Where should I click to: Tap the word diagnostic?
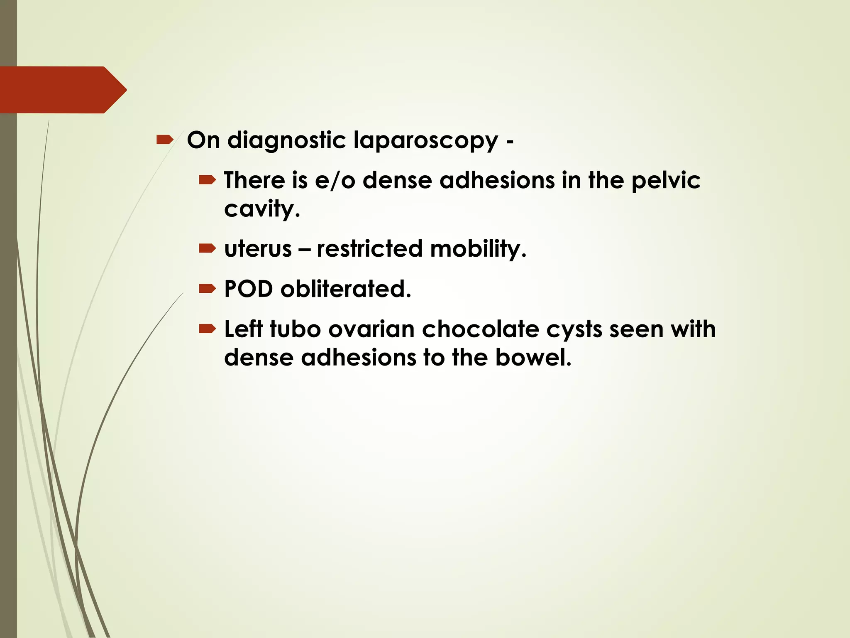tap(286, 140)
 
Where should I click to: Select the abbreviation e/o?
tap(335, 181)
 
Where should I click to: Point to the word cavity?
tap(261, 209)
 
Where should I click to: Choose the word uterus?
tap(258, 249)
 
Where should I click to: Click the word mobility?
tap(478, 249)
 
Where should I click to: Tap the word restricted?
tap(369, 249)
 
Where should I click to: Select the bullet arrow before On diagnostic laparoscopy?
tap(165, 140)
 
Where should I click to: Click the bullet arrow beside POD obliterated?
tap(207, 288)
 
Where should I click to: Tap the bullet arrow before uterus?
tap(207, 248)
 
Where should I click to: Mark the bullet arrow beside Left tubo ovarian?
tap(207, 329)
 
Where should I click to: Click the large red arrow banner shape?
tap(62, 90)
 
